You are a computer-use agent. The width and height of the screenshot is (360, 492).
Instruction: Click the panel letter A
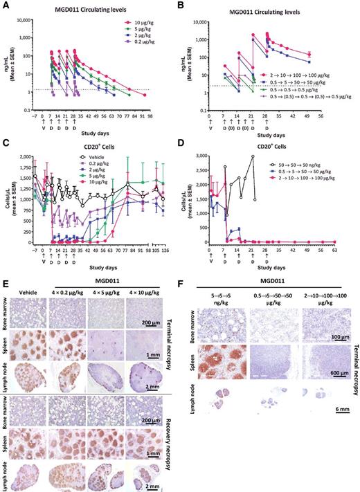(x=5, y=5)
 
